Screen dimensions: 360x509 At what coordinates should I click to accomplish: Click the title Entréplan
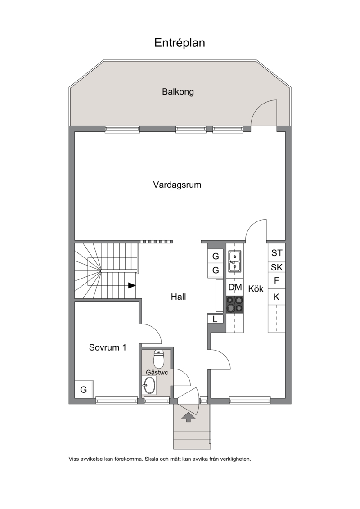pos(180,43)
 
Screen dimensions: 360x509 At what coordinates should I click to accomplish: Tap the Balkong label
pos(178,92)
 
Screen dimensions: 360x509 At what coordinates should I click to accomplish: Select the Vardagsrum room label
pos(177,185)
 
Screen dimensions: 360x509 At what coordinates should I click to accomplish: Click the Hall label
pos(179,297)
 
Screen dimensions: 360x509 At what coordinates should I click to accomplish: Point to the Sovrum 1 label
pos(108,348)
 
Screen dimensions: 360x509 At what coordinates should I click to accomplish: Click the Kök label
pos(256,288)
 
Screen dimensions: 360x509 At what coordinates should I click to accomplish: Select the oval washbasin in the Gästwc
pos(149,385)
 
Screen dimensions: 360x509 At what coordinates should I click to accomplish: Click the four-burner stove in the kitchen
pos(235,305)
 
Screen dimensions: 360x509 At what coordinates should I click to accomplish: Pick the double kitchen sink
pos(234,261)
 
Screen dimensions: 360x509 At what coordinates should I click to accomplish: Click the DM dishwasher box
pos(235,287)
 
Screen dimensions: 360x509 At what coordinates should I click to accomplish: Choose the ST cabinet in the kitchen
pos(277,253)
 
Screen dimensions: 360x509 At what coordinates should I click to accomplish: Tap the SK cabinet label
pos(277,267)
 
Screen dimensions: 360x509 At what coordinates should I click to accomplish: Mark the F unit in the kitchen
pos(277,280)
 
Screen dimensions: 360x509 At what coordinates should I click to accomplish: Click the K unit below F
pos(277,297)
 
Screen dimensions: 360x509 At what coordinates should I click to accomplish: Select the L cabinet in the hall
pos(215,319)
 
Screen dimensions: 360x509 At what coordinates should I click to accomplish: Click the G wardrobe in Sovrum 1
pos(84,389)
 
